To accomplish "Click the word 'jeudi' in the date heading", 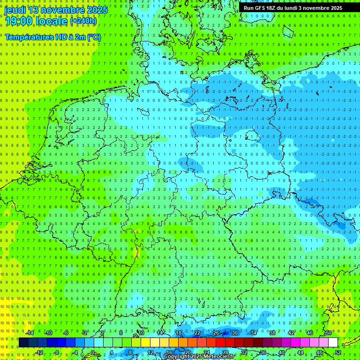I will (15, 10).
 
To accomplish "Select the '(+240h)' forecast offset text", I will (83, 21).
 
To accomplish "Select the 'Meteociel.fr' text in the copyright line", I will (218, 357).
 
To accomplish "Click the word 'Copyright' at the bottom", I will (177, 357).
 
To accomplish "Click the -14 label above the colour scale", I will (30, 333).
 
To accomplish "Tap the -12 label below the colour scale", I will (39, 352).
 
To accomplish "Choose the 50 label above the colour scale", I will (329, 333).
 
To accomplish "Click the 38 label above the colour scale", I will (272, 333).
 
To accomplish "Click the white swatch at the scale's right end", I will (333, 343).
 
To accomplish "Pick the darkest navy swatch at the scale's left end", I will (23, 343).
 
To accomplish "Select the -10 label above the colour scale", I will (48, 333).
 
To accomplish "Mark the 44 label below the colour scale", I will (300, 352).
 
